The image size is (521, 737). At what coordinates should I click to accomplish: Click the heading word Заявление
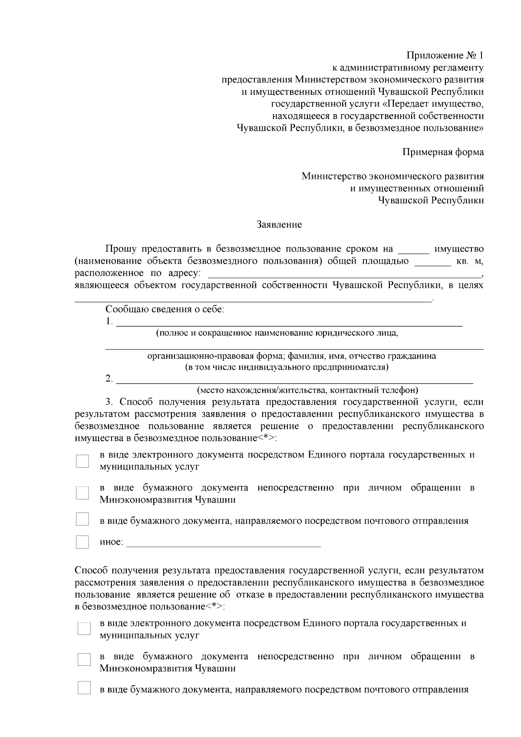pyautogui.click(x=279, y=225)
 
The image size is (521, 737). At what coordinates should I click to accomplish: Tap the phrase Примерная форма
pyautogui.click(x=443, y=152)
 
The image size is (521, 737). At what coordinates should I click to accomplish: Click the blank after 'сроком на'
pyautogui.click(x=413, y=251)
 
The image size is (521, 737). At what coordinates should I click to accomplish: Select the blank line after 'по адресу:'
pyautogui.click(x=345, y=275)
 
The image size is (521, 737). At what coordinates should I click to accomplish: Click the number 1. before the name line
pyautogui.click(x=109, y=322)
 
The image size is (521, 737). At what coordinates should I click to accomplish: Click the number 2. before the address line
pyautogui.click(x=109, y=379)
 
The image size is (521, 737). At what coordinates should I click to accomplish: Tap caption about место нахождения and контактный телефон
pyautogui.click(x=307, y=390)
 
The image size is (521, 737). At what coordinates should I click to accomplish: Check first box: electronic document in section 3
pyautogui.click(x=82, y=461)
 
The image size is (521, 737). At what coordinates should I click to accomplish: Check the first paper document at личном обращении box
pyautogui.click(x=82, y=493)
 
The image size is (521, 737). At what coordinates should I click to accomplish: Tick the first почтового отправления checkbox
pyautogui.click(x=82, y=519)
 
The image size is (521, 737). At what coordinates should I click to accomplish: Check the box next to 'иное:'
pyautogui.click(x=82, y=542)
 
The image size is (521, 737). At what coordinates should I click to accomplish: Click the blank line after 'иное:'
pyautogui.click(x=223, y=544)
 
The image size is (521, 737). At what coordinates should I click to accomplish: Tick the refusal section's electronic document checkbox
pyautogui.click(x=84, y=628)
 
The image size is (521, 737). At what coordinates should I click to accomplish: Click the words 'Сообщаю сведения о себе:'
pyautogui.click(x=165, y=310)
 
